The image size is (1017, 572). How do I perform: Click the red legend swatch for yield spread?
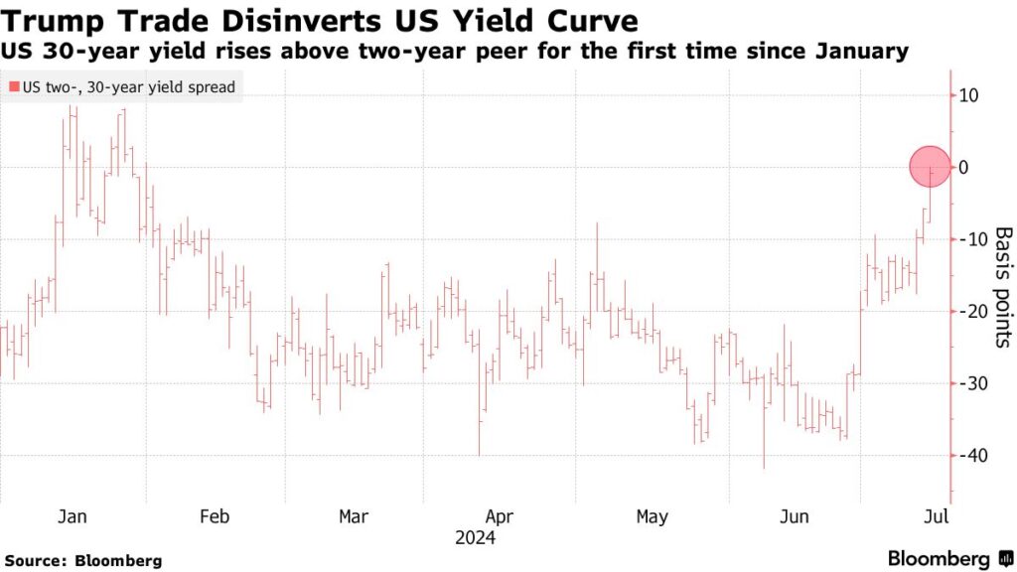(x=13, y=87)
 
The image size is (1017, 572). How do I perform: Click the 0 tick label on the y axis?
(x=963, y=168)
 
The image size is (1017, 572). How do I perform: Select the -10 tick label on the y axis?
(x=969, y=239)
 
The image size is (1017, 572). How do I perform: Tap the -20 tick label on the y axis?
(x=969, y=312)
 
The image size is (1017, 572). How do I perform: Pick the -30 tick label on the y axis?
(x=969, y=383)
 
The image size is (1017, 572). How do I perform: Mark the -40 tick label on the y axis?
(x=969, y=455)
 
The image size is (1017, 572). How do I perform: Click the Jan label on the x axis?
(x=73, y=517)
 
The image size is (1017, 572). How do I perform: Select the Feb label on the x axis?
(x=215, y=517)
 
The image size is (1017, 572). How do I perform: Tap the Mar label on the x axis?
(x=354, y=517)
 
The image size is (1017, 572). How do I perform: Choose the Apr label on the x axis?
(x=500, y=517)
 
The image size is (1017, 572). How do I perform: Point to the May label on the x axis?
(x=652, y=517)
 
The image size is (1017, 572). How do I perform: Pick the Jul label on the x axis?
(x=937, y=517)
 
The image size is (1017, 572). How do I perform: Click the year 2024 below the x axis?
(x=475, y=538)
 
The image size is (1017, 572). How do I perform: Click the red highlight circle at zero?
(x=931, y=166)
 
